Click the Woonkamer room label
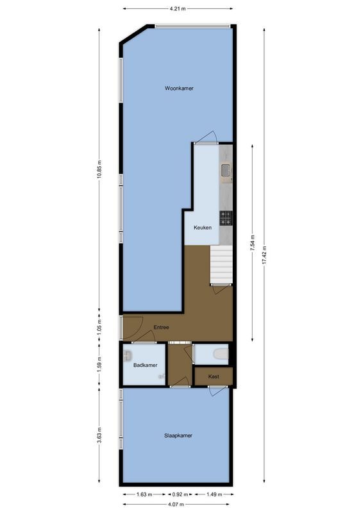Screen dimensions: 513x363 [179, 88]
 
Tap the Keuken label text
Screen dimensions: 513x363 [203, 228]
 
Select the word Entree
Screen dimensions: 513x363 [161, 328]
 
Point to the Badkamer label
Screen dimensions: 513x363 [145, 365]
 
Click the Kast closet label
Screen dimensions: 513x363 [214, 377]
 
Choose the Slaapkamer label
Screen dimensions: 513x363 [178, 435]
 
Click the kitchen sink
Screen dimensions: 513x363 [226, 170]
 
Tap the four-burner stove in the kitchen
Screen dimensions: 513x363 [226, 218]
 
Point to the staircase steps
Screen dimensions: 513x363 [221, 265]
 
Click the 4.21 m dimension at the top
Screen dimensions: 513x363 [178, 9]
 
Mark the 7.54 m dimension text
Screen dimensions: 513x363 [253, 244]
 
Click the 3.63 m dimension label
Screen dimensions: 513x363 [99, 436]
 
